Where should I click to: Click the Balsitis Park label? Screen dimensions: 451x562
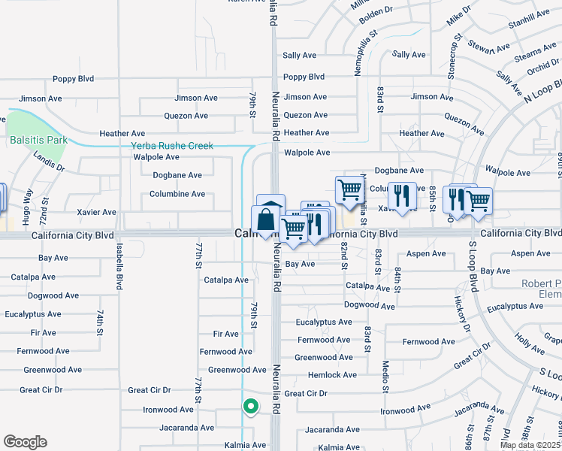click(x=38, y=140)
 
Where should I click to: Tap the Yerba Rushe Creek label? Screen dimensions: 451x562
click(x=172, y=146)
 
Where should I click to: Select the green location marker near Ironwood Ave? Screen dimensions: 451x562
click(x=250, y=407)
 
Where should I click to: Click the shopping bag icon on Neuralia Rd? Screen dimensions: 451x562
click(x=266, y=220)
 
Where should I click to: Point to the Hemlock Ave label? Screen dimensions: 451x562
click(x=332, y=375)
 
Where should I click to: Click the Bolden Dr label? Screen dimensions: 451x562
click(x=376, y=11)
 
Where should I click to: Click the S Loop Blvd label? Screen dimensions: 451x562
click(x=473, y=265)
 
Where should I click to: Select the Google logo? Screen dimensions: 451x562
click(x=25, y=442)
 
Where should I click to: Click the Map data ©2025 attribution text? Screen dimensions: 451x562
click(x=530, y=445)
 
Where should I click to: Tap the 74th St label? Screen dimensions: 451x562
click(x=99, y=322)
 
